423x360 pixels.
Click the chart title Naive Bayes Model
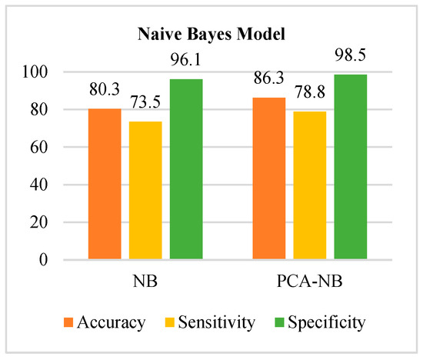coord(211,34)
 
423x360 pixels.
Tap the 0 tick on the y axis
coord(65,261)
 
